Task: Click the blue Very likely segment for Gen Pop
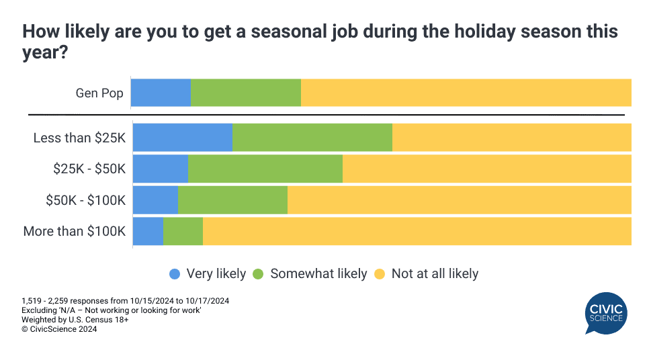pos(161,93)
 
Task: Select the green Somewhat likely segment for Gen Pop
pos(246,93)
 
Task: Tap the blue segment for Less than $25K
pos(183,138)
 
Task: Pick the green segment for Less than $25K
pos(312,138)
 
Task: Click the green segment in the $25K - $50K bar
pos(265,169)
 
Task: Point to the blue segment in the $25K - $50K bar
pos(161,169)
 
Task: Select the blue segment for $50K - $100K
pos(156,200)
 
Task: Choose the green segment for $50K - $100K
pos(233,200)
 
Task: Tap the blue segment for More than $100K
pos(148,231)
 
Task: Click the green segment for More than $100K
pos(183,231)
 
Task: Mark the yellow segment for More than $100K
pos(417,231)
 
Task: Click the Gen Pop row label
pos(99,93)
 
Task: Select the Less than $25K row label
pos(79,138)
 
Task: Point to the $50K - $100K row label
pos(85,200)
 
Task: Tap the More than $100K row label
pos(75,232)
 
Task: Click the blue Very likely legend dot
pos(175,274)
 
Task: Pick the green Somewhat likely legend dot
pos(259,274)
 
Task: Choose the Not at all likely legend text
pos(435,274)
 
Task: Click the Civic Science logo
pos(605,313)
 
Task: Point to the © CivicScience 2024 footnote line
pos(59,329)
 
